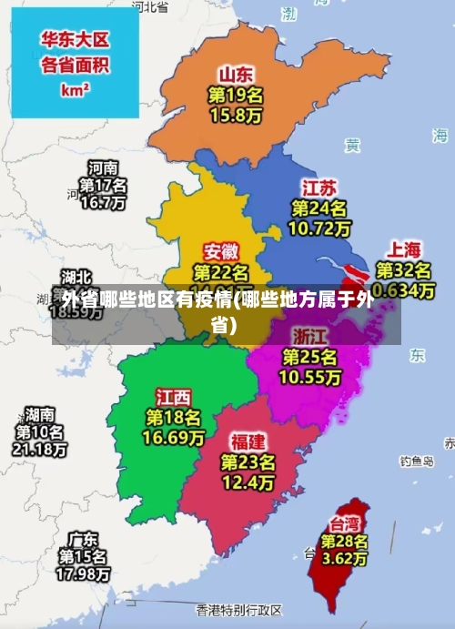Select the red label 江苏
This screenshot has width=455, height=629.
pos(319,188)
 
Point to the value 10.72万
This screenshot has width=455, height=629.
pos(319,228)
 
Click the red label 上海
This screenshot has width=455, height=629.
pos(405,249)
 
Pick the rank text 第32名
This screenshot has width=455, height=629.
pos(404,270)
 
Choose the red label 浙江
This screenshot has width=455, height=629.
pos(310,334)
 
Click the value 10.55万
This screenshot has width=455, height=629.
pos(310,375)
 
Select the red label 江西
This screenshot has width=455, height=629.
pos(173,397)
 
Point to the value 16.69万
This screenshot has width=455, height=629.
pos(173,438)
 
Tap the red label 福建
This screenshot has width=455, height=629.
pos(248,441)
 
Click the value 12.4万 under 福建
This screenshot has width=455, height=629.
pos(248,482)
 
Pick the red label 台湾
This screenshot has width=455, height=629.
pos(344,523)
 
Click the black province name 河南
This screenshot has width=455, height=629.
pos(102,167)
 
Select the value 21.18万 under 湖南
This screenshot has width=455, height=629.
pos(39,449)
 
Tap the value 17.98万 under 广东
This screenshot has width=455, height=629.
pos(84,573)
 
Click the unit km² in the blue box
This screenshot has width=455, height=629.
pos(75,90)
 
